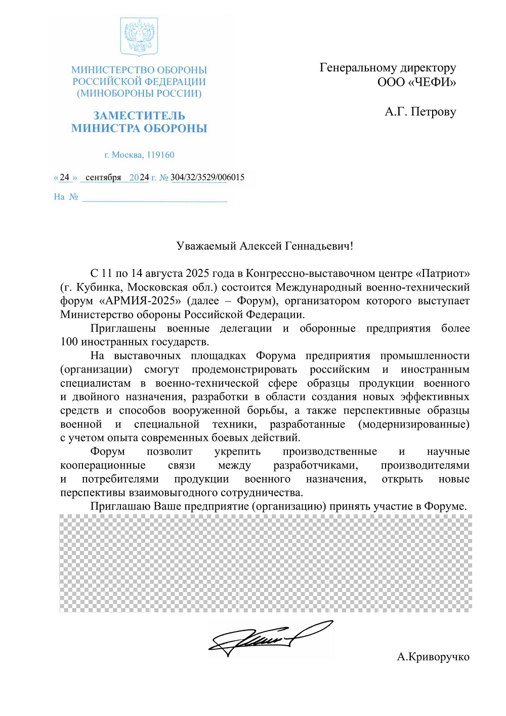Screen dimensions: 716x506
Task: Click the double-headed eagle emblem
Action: coord(139,36)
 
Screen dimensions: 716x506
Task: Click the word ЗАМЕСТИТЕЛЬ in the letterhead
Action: coord(139,115)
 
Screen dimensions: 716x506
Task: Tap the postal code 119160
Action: coord(160,155)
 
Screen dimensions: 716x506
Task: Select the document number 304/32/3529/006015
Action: coord(207,177)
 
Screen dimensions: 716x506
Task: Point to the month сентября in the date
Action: coord(103,177)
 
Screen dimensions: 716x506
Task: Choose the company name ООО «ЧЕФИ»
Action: coord(416,82)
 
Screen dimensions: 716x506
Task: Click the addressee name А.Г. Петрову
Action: coord(420,111)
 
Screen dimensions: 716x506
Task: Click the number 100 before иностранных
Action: coord(69,342)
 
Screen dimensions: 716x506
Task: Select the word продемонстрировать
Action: coord(244,369)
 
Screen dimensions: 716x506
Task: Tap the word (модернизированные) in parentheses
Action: coord(413,424)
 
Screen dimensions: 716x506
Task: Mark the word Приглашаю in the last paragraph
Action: coord(120,506)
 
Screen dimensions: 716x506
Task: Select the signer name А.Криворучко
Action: coord(433,657)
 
